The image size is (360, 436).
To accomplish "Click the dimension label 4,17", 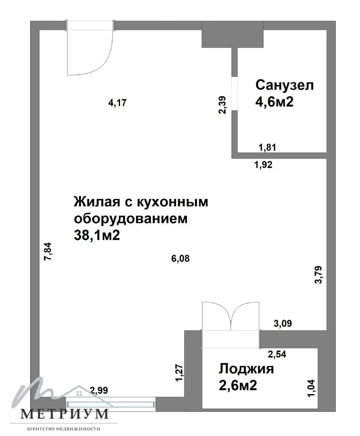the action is coord(118,103).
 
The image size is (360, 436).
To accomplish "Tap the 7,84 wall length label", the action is coord(47,251).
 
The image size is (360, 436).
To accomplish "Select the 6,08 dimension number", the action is coord(180,258).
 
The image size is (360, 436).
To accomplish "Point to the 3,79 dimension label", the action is coord(318,275).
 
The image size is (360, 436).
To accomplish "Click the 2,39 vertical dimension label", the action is coord(223,105).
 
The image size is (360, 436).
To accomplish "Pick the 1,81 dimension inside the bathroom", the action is coord(267,147).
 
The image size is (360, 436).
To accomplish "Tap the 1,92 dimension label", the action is coord(263,165).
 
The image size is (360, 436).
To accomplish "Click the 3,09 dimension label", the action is coord(283,323).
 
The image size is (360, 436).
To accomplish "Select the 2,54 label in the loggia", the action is coord(277,354).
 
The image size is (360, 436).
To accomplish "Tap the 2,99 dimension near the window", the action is coord(99,390).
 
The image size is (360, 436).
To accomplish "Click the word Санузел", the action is coord(284,85).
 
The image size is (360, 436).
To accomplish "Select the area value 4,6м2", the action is coord(274,102).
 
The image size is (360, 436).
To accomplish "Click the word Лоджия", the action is coord(246,369).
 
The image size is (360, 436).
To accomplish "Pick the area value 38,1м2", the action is coord(97,235).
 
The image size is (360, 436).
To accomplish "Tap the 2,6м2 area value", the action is coord(238,386).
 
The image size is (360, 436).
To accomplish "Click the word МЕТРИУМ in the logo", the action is coord(65,414).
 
